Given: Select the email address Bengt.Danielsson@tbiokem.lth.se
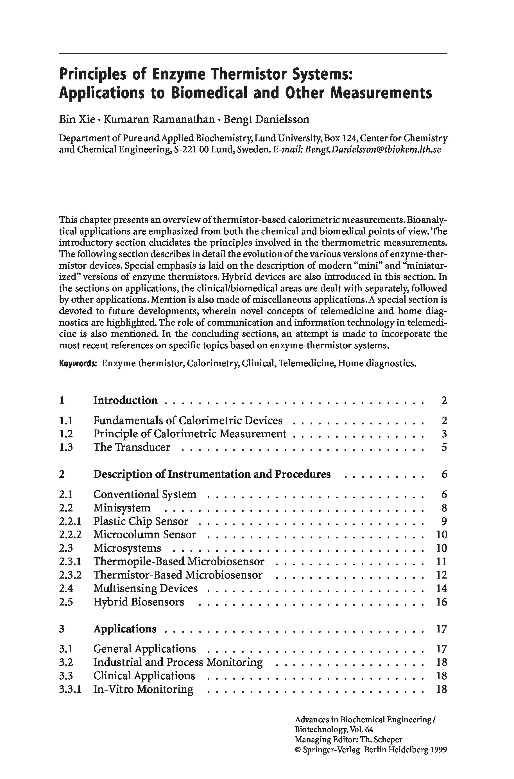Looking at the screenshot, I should point(373,150).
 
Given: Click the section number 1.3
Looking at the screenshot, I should point(66,447).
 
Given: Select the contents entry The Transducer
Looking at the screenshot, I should point(132,447).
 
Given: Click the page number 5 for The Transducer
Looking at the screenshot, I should point(444,447).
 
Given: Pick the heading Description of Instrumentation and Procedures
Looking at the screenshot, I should point(212,474).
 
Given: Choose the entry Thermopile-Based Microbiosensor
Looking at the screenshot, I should point(179,561).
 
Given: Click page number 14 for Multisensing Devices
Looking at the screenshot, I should point(441,588).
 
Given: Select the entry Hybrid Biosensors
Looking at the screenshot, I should point(139,602).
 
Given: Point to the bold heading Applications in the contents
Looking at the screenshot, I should point(125,629).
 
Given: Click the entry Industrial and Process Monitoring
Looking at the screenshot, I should point(178,662).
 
